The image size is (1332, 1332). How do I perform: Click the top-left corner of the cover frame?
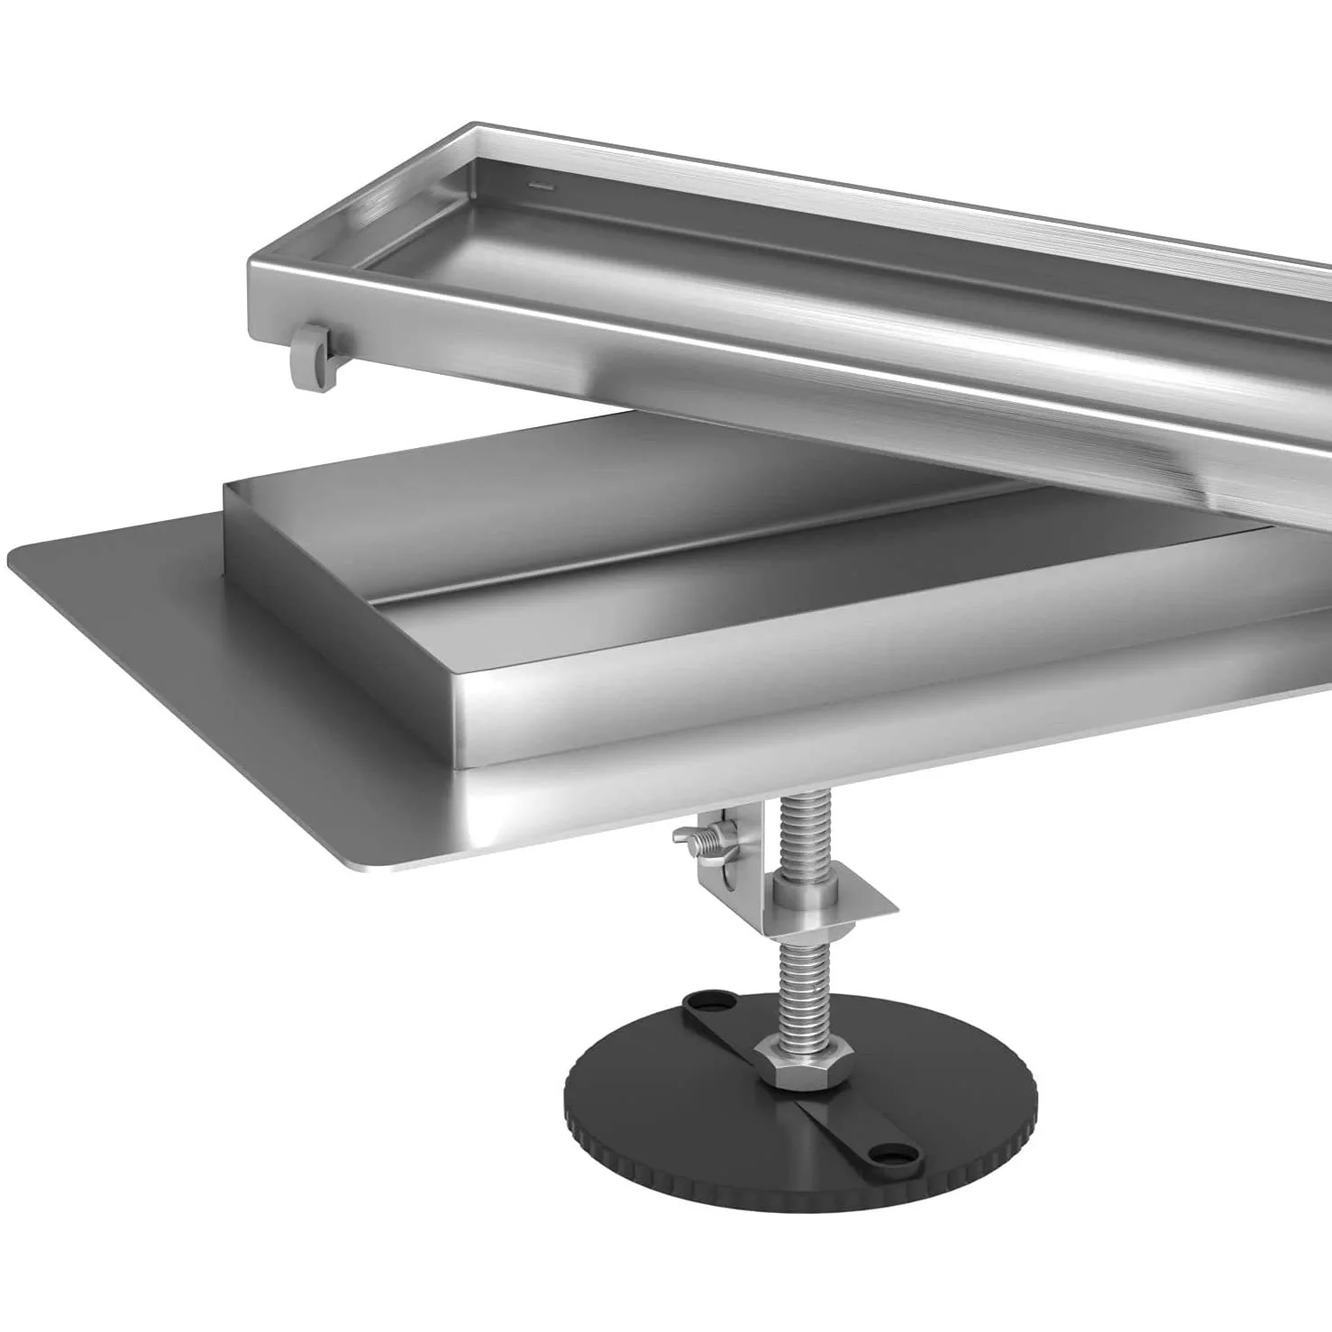[476, 126]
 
